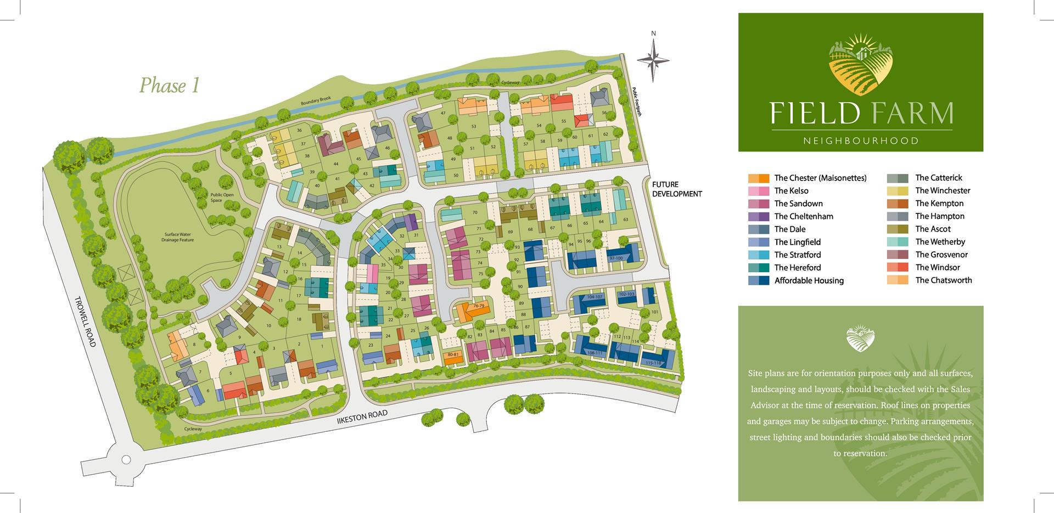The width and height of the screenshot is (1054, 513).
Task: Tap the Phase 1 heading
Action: click(169, 86)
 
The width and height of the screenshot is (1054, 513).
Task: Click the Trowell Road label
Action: click(85, 322)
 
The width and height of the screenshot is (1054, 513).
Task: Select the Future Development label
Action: click(676, 189)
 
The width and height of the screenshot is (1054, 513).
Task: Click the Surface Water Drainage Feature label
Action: click(177, 237)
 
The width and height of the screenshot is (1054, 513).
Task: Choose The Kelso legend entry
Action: click(791, 191)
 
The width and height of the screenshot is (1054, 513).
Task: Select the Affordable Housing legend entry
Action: click(809, 280)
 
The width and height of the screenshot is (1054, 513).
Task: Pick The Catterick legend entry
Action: click(938, 178)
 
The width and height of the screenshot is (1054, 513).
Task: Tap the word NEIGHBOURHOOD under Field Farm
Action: click(860, 141)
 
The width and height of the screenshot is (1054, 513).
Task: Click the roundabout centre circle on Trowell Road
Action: click(126, 460)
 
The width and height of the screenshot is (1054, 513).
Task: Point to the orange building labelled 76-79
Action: click(473, 311)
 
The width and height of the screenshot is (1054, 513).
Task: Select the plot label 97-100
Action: click(616, 258)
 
